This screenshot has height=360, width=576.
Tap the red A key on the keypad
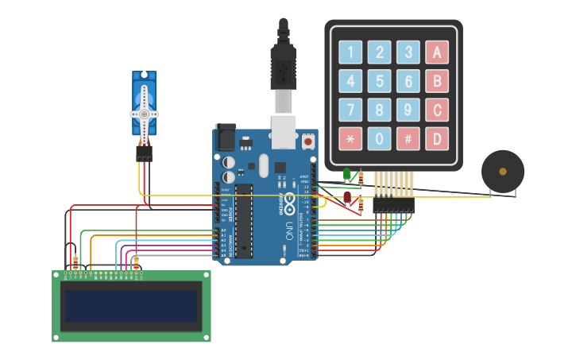point(436,52)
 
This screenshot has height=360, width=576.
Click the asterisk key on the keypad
point(350,139)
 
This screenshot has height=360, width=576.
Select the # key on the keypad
point(408,139)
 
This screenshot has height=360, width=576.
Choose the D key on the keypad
point(436,139)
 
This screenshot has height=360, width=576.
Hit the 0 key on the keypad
point(379,139)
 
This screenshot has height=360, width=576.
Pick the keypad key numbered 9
point(408,110)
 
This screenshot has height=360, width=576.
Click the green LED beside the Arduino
point(346,173)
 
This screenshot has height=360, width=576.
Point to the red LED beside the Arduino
point(347,196)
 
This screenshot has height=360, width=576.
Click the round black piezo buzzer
point(502,171)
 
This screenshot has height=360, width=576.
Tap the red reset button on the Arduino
point(307,141)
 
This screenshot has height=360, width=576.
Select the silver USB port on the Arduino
point(284,132)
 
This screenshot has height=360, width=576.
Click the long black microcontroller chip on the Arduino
point(243,220)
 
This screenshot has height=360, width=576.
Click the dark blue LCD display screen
point(131,306)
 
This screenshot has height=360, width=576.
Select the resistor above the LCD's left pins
point(75,262)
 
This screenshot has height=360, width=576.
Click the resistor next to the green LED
point(361,179)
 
